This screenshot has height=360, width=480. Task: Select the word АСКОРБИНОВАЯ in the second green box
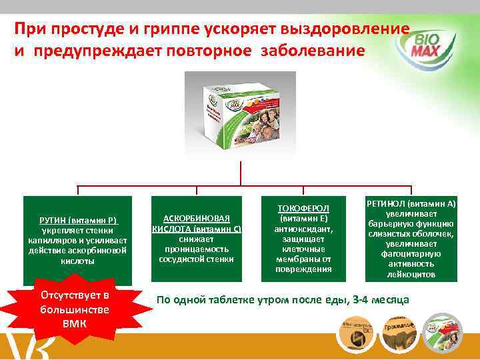tap(197, 219)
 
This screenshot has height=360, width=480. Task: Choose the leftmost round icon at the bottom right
tap(357, 331)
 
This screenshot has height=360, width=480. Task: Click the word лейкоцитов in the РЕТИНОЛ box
tap(411, 274)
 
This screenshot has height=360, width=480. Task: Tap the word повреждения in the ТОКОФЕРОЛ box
tap(303, 269)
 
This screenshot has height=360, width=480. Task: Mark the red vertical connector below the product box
tap(239, 172)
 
